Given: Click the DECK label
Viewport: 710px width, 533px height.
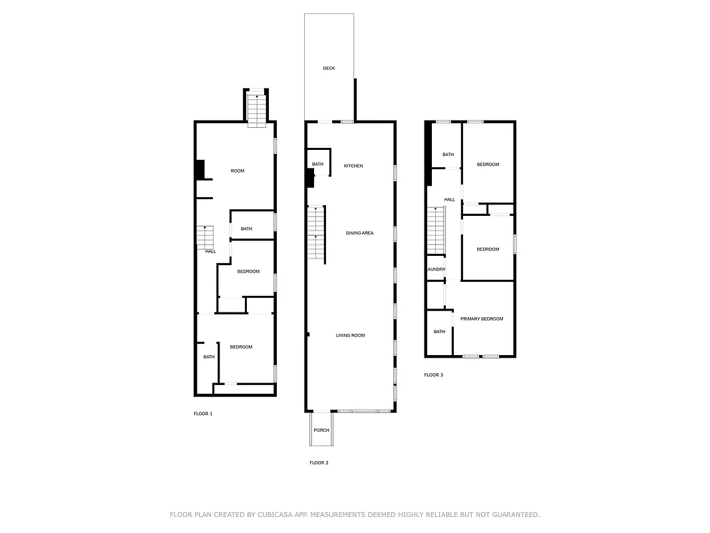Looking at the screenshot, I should (x=329, y=68).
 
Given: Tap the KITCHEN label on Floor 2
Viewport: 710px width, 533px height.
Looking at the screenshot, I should (x=353, y=165).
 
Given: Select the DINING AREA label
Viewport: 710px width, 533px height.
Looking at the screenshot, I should (x=359, y=233).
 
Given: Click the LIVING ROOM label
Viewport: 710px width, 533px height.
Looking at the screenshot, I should (x=350, y=335).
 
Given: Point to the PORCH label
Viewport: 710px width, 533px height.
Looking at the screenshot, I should (x=321, y=430).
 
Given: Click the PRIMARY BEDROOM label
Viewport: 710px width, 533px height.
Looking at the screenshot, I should (x=482, y=318).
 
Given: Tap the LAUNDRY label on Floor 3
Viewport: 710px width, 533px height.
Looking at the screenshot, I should (x=437, y=269).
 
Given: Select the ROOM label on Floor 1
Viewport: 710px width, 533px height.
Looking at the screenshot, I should (x=238, y=171).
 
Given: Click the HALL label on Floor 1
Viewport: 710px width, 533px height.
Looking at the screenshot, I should (x=210, y=251).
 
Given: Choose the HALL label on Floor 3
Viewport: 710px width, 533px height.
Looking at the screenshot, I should (x=450, y=199).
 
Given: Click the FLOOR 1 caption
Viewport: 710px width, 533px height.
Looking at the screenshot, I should (x=203, y=414).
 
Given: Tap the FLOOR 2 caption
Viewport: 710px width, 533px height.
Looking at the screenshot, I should (x=319, y=462).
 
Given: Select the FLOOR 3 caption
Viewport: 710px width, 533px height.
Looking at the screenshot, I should (x=433, y=375).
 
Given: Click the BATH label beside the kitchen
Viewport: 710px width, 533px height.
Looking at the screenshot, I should (x=317, y=164).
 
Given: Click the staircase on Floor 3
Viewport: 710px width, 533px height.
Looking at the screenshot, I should (x=435, y=230).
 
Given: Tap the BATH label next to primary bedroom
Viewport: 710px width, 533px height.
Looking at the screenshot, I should (x=439, y=331).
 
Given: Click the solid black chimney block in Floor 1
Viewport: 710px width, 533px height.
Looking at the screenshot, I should (x=199, y=170).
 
